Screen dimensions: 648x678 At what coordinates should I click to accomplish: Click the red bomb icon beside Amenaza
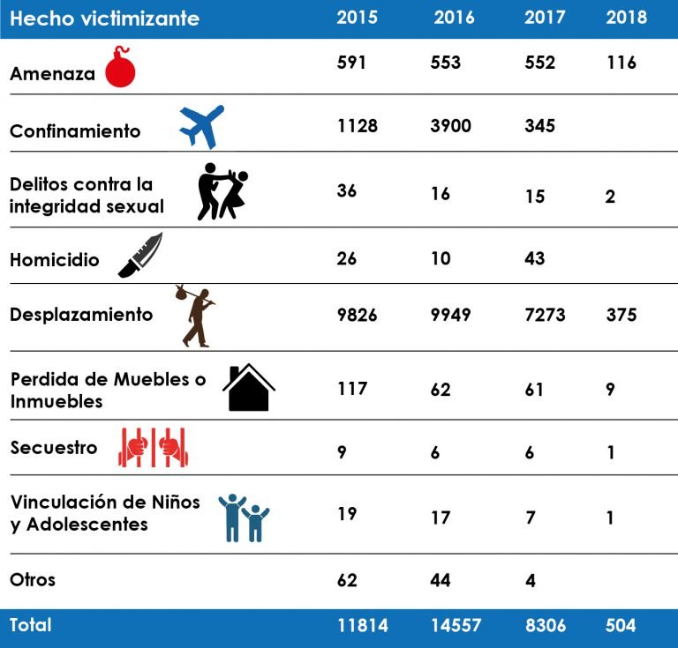click(120, 69)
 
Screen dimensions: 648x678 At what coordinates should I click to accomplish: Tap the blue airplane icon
click(202, 127)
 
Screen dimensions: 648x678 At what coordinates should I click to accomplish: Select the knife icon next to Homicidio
click(140, 256)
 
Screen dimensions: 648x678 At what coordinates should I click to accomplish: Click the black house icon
click(249, 388)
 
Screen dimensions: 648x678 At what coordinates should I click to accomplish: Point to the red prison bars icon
click(154, 447)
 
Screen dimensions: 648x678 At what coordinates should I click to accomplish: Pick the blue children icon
click(244, 518)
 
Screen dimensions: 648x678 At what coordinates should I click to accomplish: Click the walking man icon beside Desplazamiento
click(196, 316)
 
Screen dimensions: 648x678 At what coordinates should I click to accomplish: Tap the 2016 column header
click(454, 18)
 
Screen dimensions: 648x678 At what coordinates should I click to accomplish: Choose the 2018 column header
click(626, 18)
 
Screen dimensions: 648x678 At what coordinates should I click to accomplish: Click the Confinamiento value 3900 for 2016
click(450, 126)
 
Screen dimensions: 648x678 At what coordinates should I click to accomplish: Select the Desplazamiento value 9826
click(357, 315)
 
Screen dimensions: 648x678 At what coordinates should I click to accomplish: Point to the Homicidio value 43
click(534, 258)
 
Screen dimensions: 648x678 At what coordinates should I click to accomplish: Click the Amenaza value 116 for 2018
click(621, 63)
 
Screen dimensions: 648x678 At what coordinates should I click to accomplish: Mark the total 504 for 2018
click(621, 625)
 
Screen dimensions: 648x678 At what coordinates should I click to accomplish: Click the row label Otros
click(33, 579)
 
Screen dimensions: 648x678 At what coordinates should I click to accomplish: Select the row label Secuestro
click(54, 447)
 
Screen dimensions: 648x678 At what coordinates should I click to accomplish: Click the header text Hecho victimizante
click(104, 19)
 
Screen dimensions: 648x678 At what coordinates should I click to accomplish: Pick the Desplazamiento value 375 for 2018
click(621, 315)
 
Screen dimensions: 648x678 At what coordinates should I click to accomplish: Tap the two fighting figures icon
click(222, 191)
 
